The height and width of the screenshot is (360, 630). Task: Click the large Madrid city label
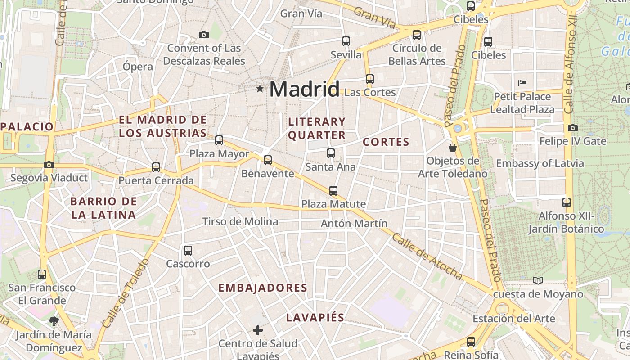304,89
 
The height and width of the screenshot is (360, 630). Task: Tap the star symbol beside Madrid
260,89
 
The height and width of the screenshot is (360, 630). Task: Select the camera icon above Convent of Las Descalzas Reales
204,35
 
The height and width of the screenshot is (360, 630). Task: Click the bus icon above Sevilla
346,41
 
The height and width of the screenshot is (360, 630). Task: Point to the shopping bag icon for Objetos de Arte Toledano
453,147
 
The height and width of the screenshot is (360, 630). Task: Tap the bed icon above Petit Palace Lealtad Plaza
522,83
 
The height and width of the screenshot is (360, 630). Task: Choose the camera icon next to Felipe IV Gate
573,128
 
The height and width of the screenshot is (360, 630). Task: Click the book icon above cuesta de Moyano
538,280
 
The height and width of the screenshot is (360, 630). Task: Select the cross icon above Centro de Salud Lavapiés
258,331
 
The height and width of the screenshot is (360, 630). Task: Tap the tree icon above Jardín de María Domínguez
54,321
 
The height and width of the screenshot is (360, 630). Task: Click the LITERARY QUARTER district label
317,128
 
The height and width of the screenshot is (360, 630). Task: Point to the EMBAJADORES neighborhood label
263,288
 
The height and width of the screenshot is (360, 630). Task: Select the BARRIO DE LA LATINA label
103,208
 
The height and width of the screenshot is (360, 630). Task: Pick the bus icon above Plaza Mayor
219,140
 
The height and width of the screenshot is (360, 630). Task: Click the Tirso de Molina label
240,221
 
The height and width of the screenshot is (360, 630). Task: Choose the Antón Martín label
354,223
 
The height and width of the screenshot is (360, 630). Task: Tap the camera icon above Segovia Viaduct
49,165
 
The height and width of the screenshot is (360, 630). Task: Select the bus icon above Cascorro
188,251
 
